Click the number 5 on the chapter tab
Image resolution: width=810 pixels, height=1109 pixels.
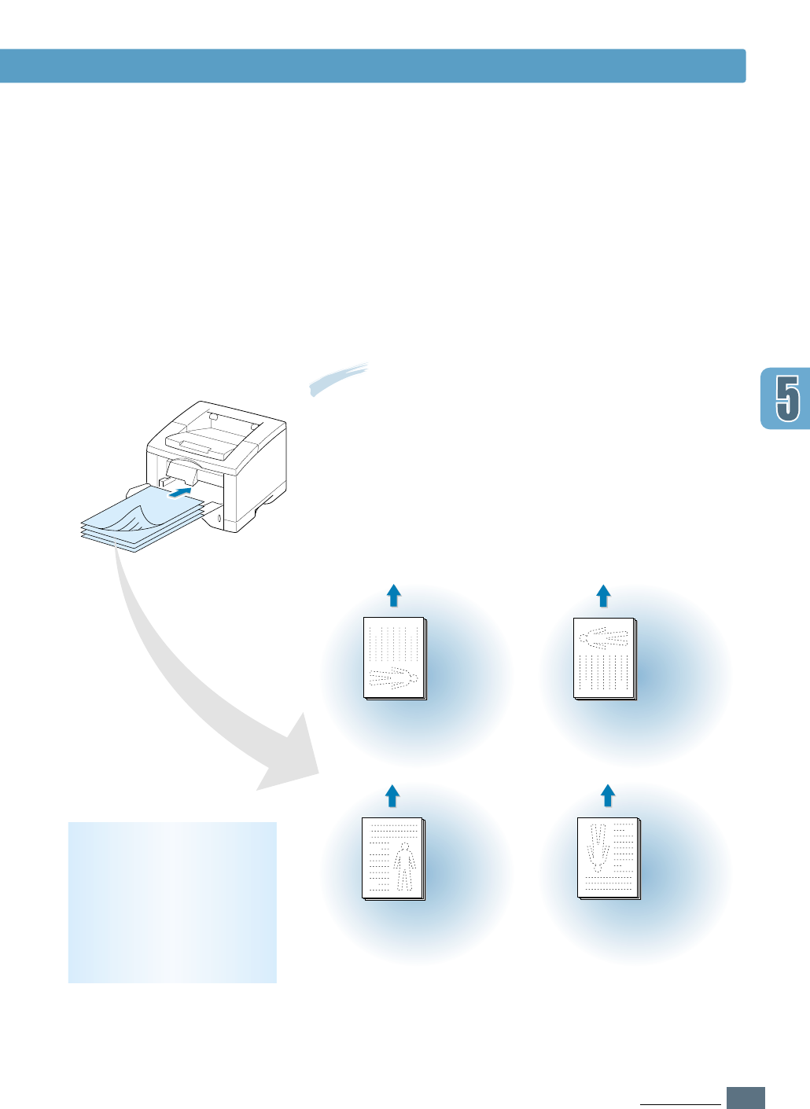(x=787, y=398)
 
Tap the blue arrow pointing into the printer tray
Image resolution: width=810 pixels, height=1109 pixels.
(x=180, y=493)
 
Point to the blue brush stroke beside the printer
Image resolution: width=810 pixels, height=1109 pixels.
(x=339, y=378)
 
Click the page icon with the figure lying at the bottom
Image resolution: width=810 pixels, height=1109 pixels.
(x=394, y=659)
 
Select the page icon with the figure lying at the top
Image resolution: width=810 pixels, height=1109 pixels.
(x=604, y=659)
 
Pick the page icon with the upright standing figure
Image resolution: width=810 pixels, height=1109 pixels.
(x=392, y=858)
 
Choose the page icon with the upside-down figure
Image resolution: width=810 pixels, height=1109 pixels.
(x=608, y=858)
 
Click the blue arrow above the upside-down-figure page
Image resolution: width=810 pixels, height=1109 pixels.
(x=607, y=795)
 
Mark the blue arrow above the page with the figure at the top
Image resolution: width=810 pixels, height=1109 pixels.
(x=603, y=596)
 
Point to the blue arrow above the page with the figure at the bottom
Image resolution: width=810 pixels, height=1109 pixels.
(x=394, y=596)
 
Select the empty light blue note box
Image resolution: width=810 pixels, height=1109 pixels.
(x=172, y=902)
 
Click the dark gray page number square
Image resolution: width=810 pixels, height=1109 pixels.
(x=746, y=1097)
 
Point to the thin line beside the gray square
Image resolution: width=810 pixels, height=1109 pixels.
(x=679, y=1104)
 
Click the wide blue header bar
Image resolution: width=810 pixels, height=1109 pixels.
(x=373, y=66)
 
